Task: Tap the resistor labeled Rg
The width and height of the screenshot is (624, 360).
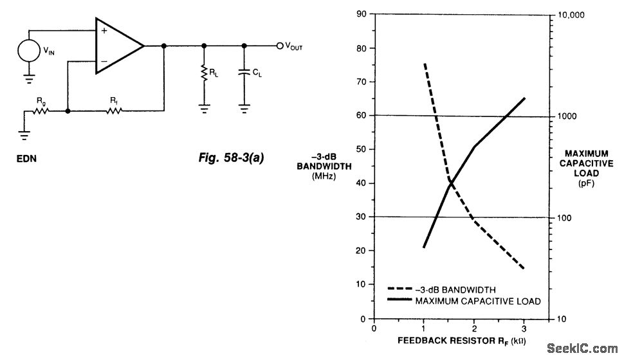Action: pos(41,111)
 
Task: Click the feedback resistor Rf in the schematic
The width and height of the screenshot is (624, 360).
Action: pos(114,111)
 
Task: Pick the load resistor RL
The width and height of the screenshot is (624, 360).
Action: pos(204,75)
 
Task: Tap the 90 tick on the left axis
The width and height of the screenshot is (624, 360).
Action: pos(362,14)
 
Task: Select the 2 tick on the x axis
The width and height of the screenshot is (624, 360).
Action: pos(474,328)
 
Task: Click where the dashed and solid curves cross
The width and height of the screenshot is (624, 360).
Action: pos(451,183)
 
